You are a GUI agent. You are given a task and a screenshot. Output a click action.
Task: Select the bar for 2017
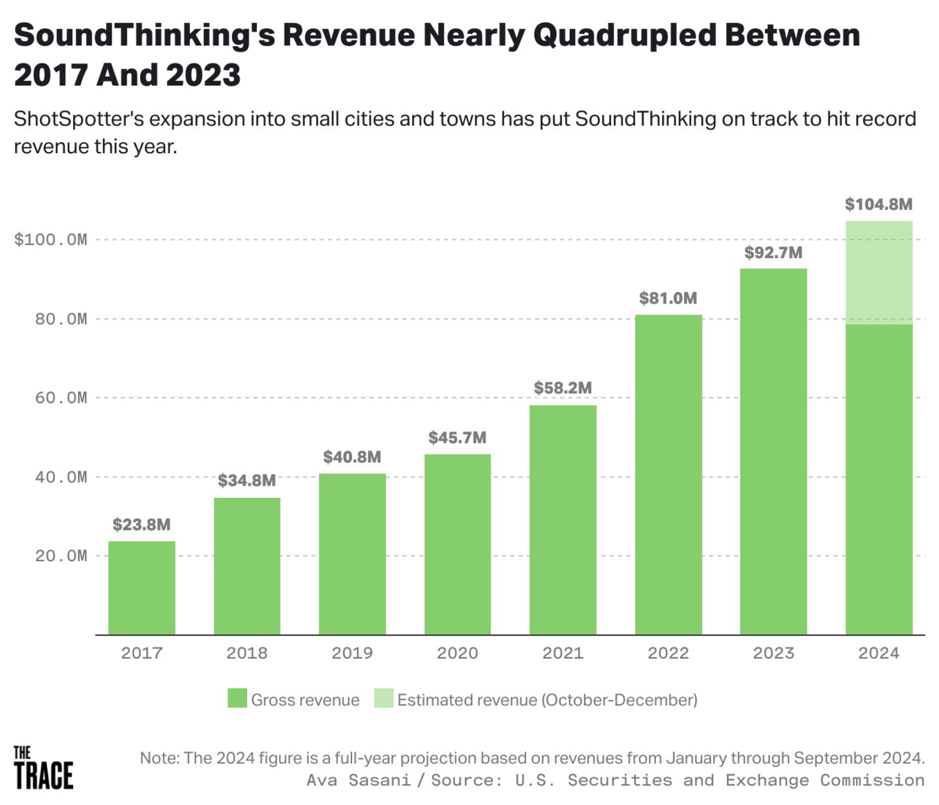click(x=142, y=587)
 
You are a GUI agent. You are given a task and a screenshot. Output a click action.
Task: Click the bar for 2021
click(x=563, y=520)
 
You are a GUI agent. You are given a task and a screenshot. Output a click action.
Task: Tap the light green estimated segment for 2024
click(x=878, y=272)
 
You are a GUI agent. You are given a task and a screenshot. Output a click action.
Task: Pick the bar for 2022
click(x=668, y=475)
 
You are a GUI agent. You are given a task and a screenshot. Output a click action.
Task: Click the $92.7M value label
click(x=773, y=253)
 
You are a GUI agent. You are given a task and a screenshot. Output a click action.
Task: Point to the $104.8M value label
click(x=878, y=205)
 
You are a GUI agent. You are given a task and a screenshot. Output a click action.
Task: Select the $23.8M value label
click(x=142, y=525)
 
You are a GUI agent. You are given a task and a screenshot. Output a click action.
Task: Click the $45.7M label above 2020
click(x=457, y=438)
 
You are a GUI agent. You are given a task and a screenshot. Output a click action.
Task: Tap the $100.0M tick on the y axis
click(x=50, y=240)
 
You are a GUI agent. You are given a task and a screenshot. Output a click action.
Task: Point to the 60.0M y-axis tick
click(x=61, y=398)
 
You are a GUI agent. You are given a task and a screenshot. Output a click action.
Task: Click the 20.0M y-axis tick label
click(x=61, y=556)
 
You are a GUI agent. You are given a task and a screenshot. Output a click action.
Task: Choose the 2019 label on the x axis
click(x=352, y=653)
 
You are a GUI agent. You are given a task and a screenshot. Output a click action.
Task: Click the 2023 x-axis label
click(x=773, y=653)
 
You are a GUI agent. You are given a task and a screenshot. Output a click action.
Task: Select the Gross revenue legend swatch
click(x=237, y=699)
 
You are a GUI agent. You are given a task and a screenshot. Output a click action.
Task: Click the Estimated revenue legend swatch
click(x=383, y=699)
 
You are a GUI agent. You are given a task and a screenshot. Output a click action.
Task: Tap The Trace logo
click(x=43, y=768)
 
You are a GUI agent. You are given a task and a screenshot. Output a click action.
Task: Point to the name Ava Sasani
click(x=358, y=780)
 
